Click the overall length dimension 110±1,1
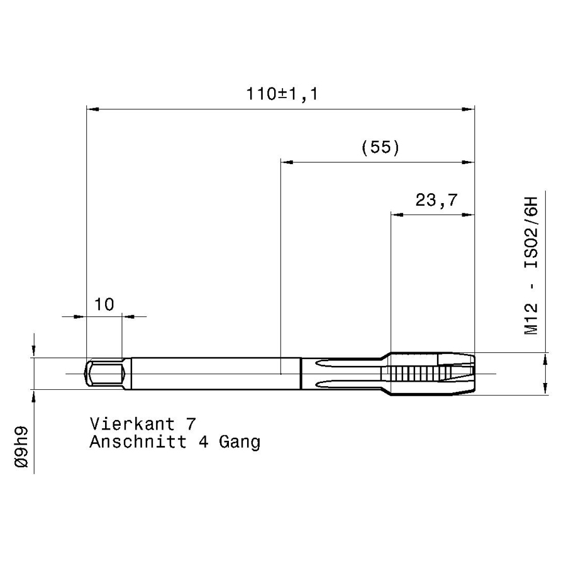click(x=282, y=94)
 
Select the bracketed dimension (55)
click(x=380, y=147)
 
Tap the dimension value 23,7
click(x=436, y=200)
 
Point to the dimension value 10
click(x=104, y=304)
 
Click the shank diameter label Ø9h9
click(x=21, y=447)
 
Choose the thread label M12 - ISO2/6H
click(x=531, y=265)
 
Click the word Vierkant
click(x=133, y=423)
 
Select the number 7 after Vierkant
click(x=191, y=423)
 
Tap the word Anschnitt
click(x=138, y=441)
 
